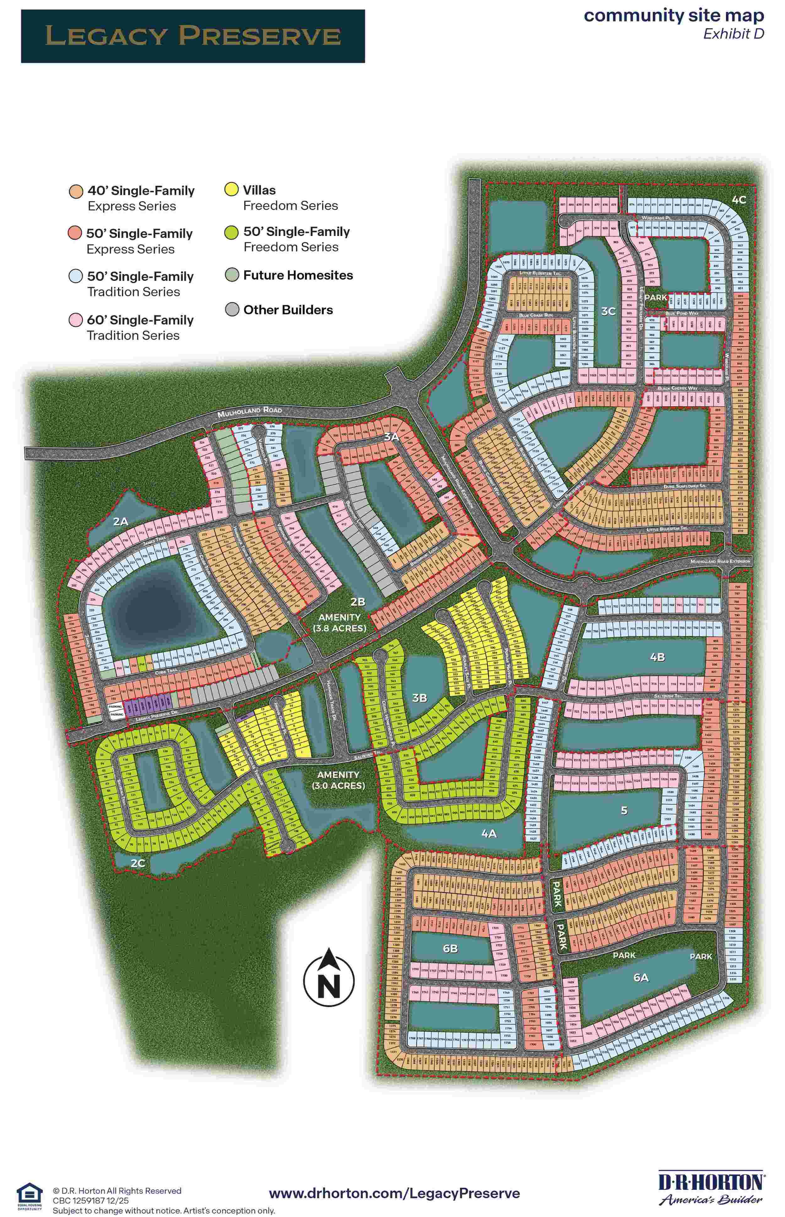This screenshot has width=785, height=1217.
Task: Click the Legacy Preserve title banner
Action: [x=193, y=36]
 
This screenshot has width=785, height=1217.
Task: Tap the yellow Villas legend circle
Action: [x=231, y=190]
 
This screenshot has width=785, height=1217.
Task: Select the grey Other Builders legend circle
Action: [x=232, y=310]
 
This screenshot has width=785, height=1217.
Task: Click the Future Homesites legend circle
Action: [x=232, y=275]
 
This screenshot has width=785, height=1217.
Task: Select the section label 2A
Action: [x=121, y=521]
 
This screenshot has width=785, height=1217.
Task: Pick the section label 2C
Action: [x=138, y=863]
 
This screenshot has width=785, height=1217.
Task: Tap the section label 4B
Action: [x=657, y=657]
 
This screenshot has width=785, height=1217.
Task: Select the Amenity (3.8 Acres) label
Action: [x=339, y=623]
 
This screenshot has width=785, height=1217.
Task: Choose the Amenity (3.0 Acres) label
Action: [x=338, y=780]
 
